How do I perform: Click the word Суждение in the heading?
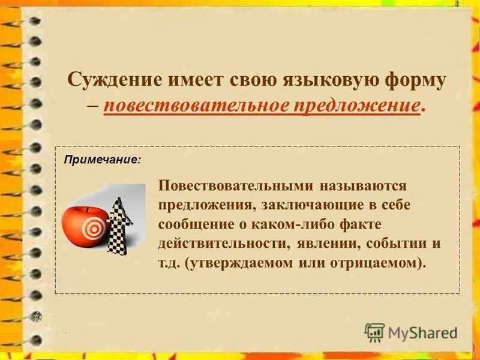click(x=114, y=80)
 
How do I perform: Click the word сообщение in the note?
click(x=196, y=224)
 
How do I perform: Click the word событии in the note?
click(x=395, y=244)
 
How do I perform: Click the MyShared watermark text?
click(x=421, y=332)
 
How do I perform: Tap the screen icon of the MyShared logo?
click(x=375, y=332)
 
